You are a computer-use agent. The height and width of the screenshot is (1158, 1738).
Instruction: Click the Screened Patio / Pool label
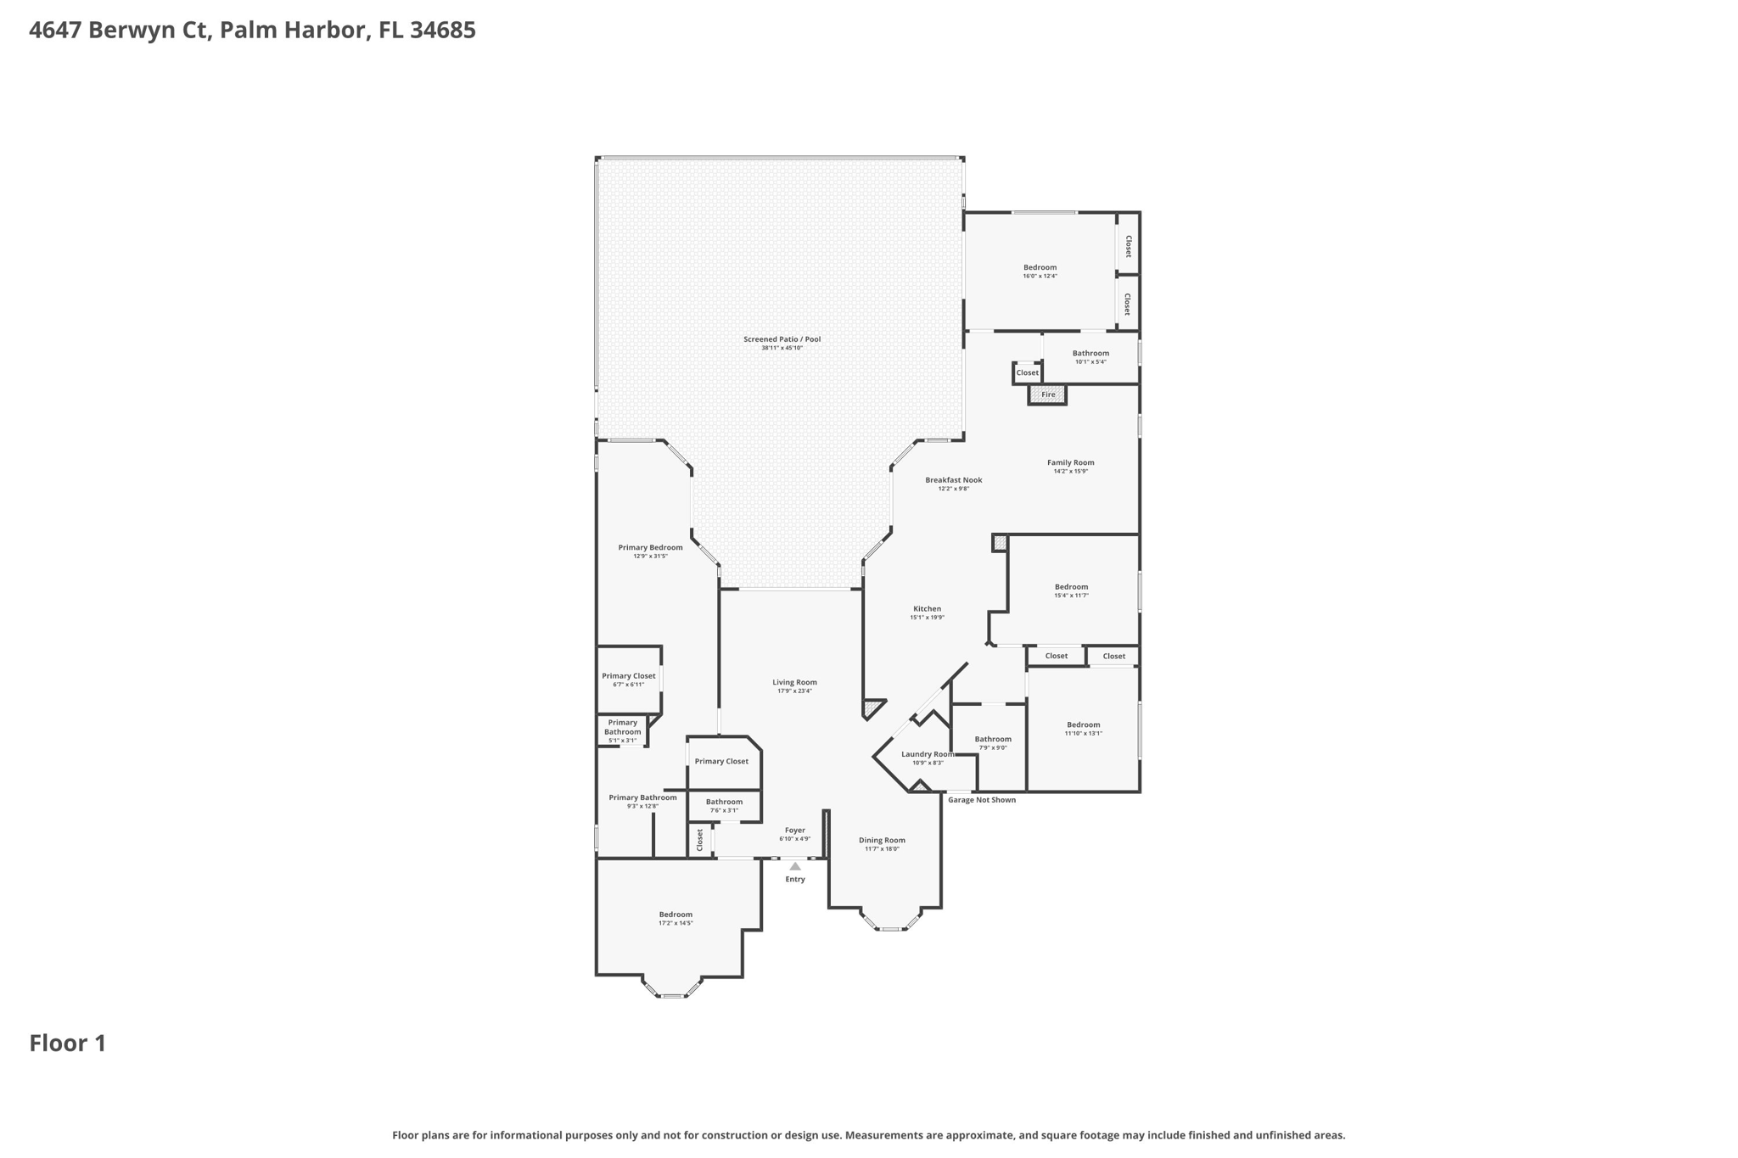(782, 339)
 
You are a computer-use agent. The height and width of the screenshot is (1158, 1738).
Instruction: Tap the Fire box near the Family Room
(1047, 394)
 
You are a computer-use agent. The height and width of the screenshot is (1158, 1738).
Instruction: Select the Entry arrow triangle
(795, 866)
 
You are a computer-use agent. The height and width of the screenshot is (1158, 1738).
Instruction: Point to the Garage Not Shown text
(981, 800)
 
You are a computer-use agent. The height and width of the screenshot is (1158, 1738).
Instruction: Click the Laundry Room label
(927, 754)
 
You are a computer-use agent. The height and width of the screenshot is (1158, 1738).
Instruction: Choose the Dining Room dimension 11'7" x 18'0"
(882, 849)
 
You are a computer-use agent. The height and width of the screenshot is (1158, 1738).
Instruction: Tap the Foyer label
(794, 831)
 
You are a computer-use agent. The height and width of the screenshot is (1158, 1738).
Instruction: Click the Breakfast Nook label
(953, 480)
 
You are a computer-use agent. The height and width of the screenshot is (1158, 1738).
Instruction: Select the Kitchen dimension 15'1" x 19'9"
(927, 618)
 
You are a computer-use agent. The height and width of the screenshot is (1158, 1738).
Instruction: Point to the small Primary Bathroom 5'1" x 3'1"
(622, 731)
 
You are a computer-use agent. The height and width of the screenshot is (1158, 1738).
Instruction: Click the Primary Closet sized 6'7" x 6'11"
(628, 680)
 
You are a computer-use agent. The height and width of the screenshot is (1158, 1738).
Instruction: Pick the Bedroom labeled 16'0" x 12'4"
(1040, 271)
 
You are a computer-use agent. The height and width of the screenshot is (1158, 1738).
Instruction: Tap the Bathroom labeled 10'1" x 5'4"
(1090, 356)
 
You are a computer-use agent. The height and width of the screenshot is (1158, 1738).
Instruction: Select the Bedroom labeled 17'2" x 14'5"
(676, 918)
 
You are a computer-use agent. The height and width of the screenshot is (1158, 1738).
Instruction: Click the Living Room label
(794, 682)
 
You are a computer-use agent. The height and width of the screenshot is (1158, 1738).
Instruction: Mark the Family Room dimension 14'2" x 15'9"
(1070, 472)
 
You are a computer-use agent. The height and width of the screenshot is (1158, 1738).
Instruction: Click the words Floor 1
(68, 1043)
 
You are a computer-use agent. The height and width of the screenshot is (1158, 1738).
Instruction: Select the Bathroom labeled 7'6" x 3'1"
(724, 805)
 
